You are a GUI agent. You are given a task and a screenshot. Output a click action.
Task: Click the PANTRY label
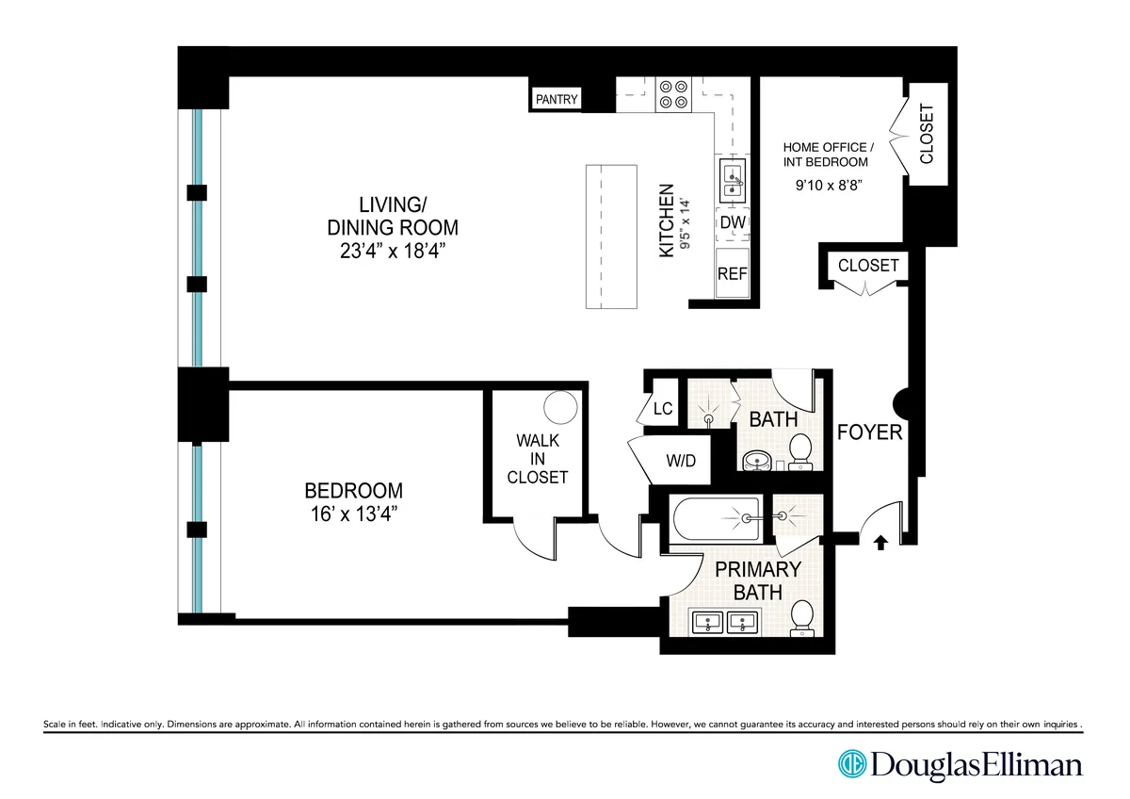[x=557, y=99]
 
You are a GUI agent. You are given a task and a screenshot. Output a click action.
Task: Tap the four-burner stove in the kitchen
[x=672, y=92]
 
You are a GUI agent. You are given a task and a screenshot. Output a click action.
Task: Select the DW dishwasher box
[x=733, y=223]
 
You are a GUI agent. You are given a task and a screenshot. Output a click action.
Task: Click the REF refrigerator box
[x=733, y=273]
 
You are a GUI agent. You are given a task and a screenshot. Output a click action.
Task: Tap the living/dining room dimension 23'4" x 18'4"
[x=393, y=252]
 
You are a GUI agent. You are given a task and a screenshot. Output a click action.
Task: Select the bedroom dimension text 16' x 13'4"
[x=353, y=514]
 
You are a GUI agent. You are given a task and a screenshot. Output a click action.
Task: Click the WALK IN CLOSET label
[x=537, y=459]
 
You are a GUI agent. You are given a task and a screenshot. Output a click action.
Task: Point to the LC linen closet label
[x=663, y=409]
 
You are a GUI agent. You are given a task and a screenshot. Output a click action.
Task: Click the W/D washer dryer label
[x=680, y=462]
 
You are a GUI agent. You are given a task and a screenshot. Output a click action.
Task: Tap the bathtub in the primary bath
[x=719, y=519]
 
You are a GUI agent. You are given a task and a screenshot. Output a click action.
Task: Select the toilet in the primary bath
[x=802, y=617]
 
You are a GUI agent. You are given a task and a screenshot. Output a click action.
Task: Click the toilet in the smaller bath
[x=801, y=450]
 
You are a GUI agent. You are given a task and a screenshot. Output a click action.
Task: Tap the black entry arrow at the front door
[x=881, y=543]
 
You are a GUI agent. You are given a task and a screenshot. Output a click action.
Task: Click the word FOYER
[x=870, y=432]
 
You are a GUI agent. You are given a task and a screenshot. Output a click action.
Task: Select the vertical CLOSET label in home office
[x=927, y=133]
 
